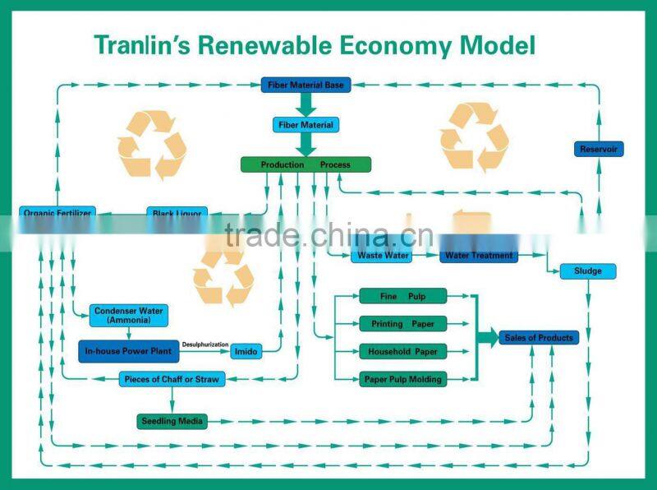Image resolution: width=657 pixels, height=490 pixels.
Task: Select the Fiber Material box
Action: [306, 125]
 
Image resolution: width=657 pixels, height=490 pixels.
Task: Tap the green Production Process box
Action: [306, 165]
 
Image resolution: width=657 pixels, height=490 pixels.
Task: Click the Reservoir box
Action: [598, 150]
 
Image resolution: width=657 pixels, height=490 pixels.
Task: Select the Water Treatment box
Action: [478, 256]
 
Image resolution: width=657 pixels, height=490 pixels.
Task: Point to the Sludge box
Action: [587, 271]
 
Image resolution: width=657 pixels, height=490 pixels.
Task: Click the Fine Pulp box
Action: [402, 296]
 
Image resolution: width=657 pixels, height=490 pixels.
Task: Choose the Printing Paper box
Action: [402, 324]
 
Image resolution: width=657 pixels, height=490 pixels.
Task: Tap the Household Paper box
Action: [402, 352]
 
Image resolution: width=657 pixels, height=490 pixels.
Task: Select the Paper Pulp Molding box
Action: [402, 380]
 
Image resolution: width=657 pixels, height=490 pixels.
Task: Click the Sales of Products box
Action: [539, 338]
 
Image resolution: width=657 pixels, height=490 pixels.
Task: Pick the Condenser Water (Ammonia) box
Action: [129, 315]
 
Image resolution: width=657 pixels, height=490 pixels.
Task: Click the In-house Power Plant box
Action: [129, 352]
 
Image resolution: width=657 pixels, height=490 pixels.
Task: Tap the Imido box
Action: [246, 352]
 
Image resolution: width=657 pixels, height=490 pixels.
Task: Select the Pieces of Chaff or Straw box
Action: [172, 380]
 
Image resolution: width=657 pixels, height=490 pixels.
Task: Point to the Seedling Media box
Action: [171, 422]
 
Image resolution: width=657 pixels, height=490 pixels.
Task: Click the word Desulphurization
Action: [205, 344]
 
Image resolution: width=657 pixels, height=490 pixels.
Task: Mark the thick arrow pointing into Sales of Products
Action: [487, 338]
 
